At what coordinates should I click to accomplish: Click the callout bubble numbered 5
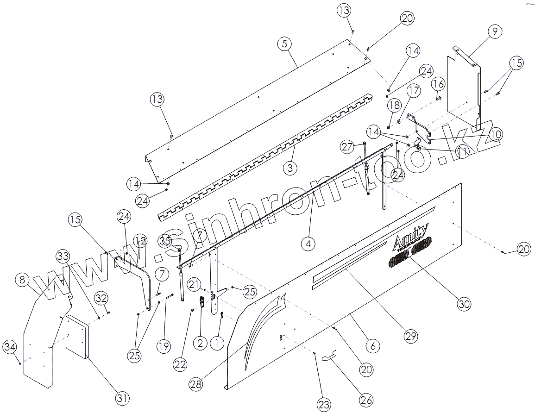(284, 44)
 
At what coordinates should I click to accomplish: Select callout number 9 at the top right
(495, 31)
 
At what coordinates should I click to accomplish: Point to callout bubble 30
(464, 304)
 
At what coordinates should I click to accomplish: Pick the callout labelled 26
(366, 400)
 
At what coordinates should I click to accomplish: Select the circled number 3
(290, 168)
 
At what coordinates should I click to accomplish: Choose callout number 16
(438, 84)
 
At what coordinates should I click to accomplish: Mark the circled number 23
(324, 405)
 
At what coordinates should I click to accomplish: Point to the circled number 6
(372, 345)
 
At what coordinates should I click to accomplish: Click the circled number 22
(180, 364)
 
